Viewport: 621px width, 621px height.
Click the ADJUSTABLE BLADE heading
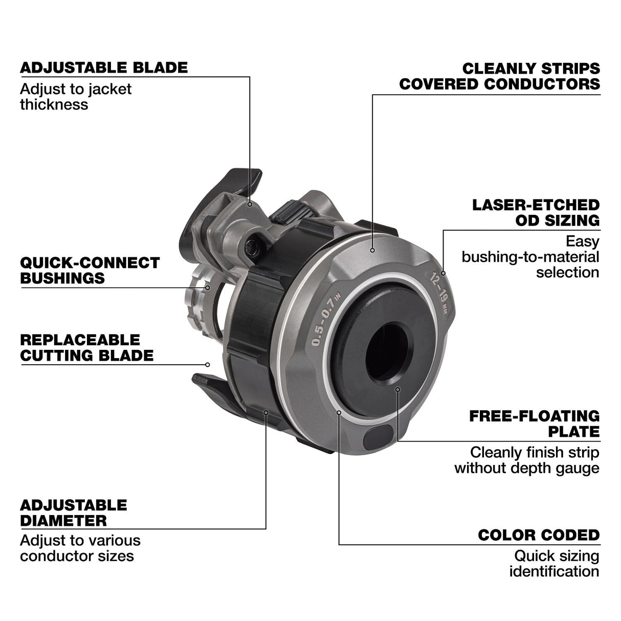click(x=104, y=68)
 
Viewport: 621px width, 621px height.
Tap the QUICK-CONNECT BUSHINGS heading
click(x=90, y=271)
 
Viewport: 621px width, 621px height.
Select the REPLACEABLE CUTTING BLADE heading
click(x=87, y=348)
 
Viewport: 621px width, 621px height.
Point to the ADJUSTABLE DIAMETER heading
click(x=74, y=513)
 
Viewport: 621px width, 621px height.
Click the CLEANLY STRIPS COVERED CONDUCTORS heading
click(x=500, y=76)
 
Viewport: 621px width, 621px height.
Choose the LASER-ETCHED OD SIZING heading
click(x=536, y=213)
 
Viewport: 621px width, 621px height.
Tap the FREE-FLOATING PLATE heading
click(x=535, y=424)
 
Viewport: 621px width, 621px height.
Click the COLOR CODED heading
click(x=539, y=536)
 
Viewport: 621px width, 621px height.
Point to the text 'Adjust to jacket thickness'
click(x=76, y=97)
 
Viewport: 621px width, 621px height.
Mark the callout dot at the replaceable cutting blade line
click(x=208, y=365)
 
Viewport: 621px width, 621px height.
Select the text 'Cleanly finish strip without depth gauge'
click(x=527, y=460)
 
